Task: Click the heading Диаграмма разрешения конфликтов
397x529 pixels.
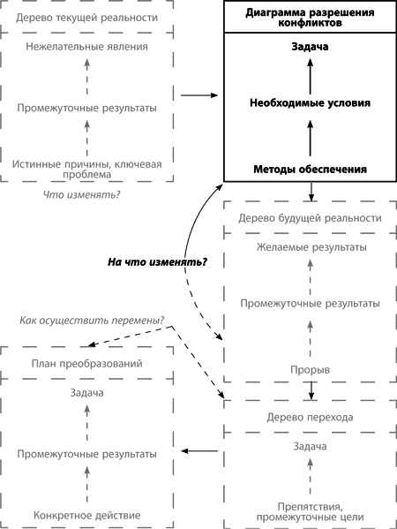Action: click(310, 18)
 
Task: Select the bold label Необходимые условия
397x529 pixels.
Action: click(310, 102)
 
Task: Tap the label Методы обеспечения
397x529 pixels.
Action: click(310, 169)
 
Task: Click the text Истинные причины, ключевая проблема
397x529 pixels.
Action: click(86, 169)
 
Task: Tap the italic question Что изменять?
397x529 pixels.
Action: click(82, 194)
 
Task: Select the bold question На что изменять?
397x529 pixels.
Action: click(151, 261)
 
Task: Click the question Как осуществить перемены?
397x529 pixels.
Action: click(93, 320)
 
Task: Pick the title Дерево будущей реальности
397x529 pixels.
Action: click(310, 217)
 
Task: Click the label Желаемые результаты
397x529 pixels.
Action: click(310, 247)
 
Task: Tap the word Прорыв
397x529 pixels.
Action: click(310, 368)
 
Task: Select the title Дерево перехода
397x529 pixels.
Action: click(310, 417)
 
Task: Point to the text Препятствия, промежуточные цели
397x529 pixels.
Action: click(310, 510)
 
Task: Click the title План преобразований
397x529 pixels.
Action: click(86, 363)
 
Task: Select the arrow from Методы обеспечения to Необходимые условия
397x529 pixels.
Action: click(310, 136)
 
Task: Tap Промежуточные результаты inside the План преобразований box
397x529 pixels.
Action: click(86, 453)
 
